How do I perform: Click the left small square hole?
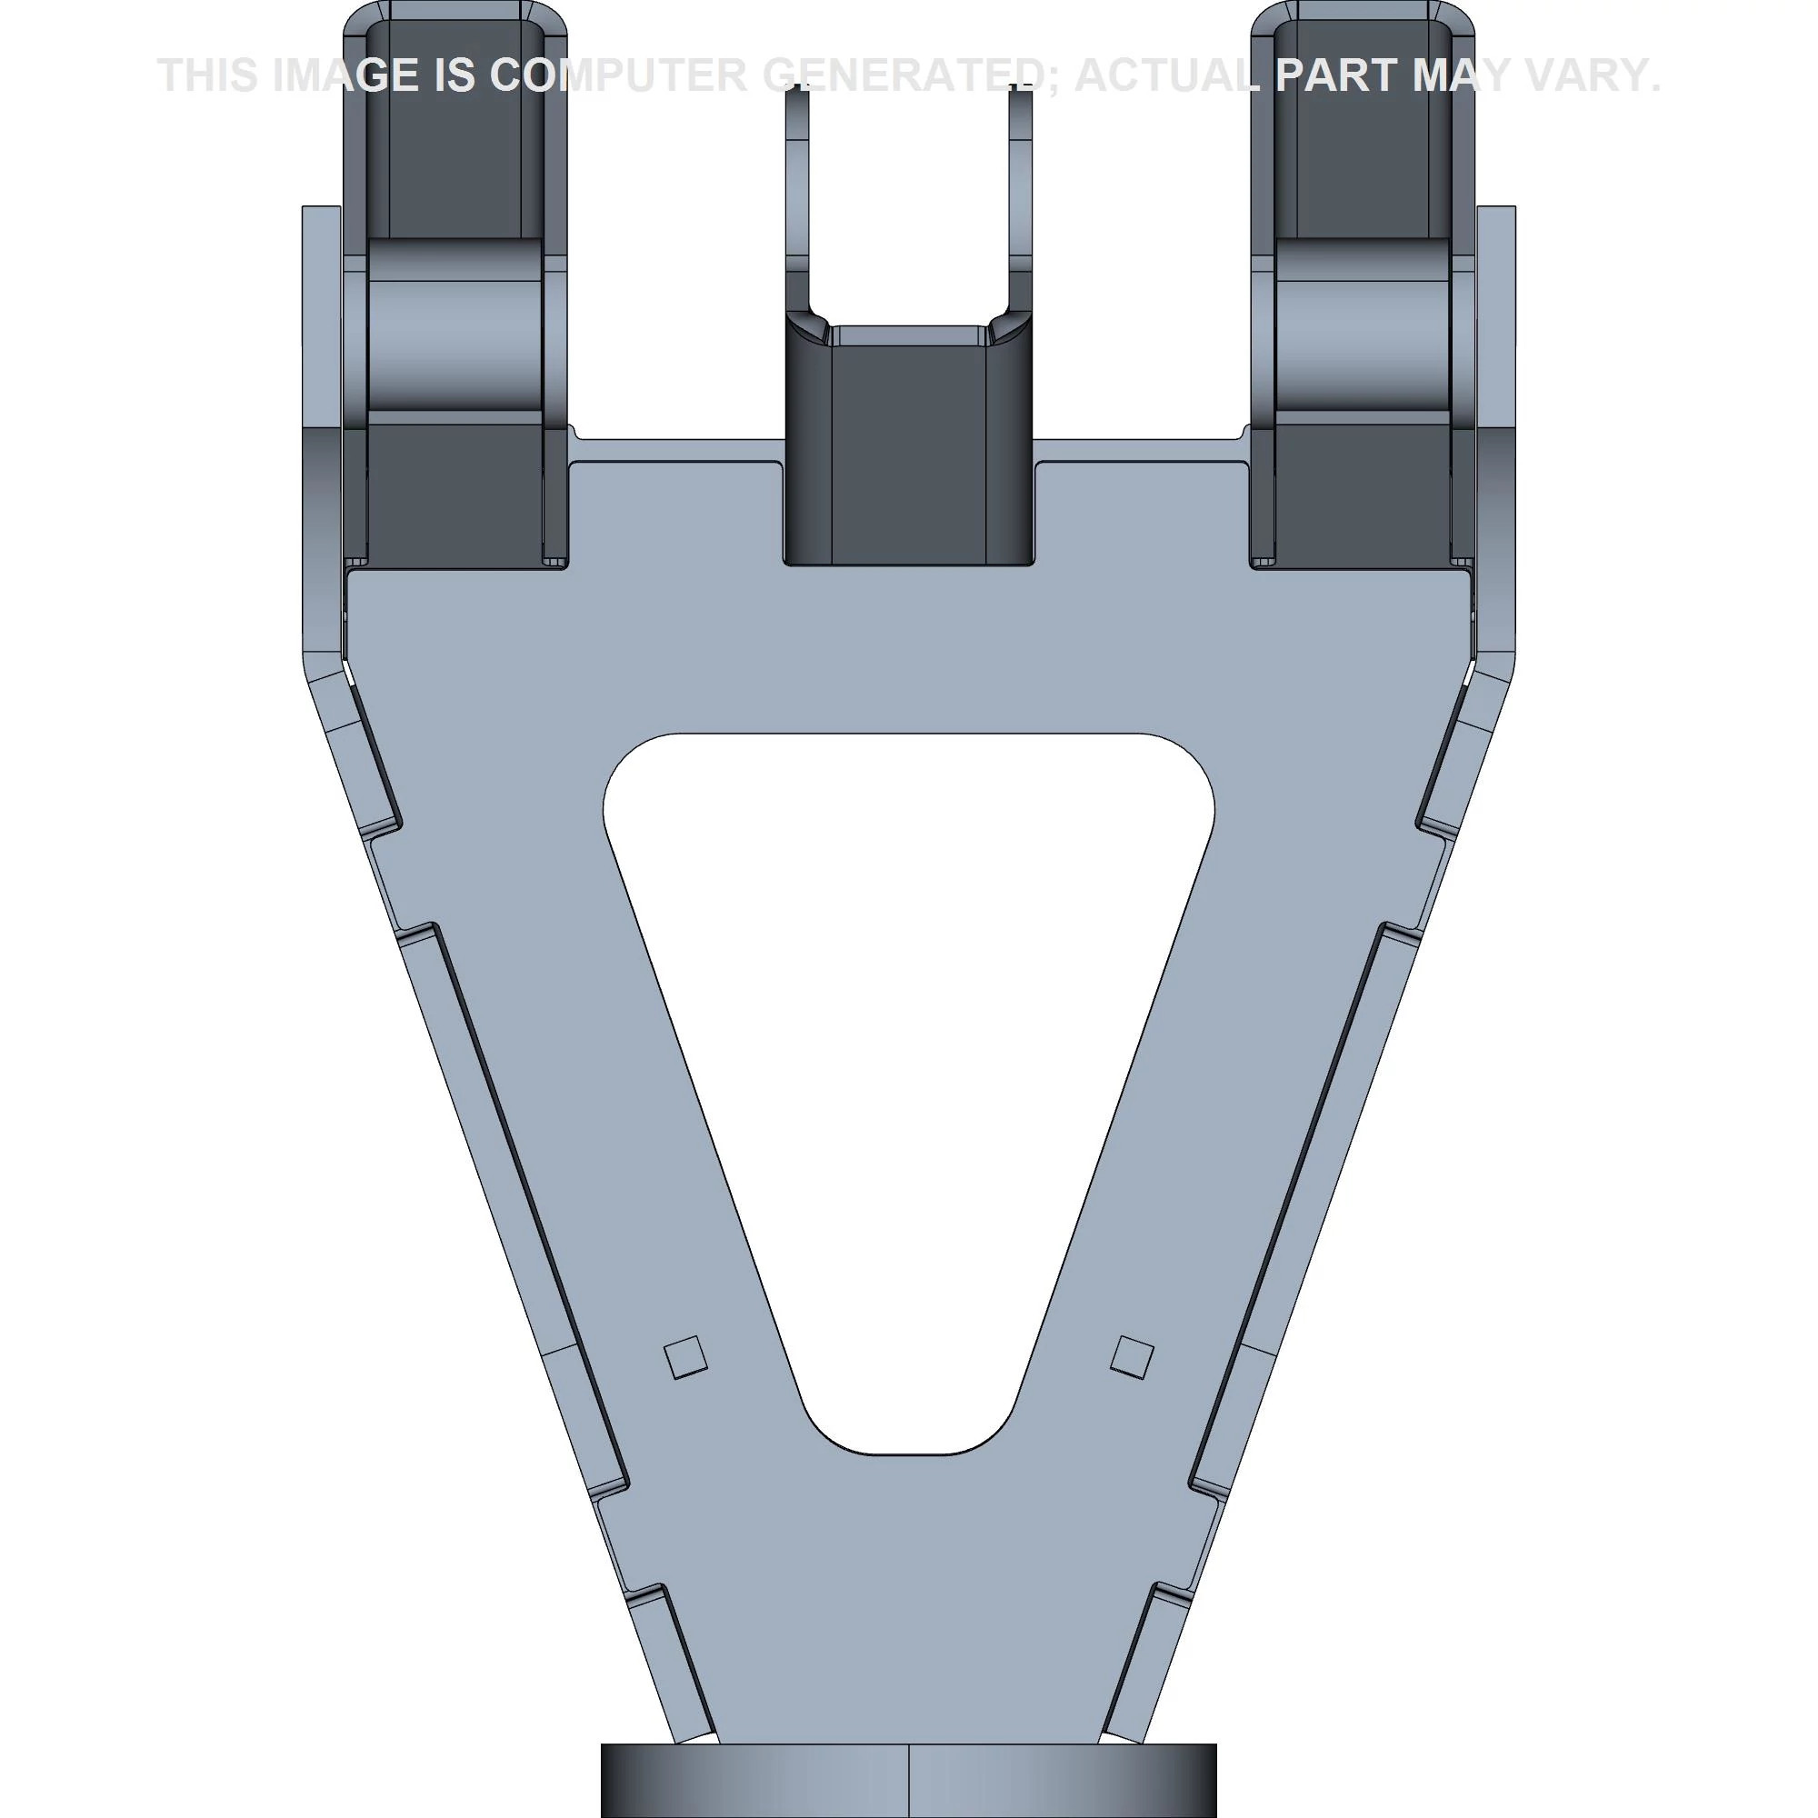(685, 1358)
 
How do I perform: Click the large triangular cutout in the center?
(908, 1035)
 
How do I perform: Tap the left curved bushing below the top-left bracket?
(455, 325)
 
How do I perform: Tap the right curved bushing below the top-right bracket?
(1362, 325)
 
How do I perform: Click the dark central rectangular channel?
(909, 452)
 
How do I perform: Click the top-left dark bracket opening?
(454, 123)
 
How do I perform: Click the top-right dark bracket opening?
(1362, 123)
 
